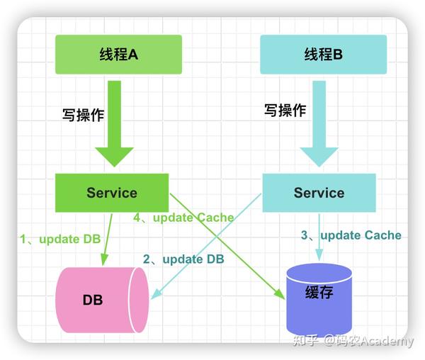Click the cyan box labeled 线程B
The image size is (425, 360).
click(x=323, y=54)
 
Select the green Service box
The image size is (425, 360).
click(x=112, y=192)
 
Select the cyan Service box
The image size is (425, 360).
click(x=319, y=193)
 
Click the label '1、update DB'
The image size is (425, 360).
click(x=60, y=239)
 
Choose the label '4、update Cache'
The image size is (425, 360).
click(x=183, y=218)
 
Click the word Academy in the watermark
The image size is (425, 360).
click(x=386, y=342)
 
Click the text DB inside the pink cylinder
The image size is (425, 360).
click(x=93, y=300)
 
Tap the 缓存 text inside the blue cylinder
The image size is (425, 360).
click(x=319, y=293)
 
